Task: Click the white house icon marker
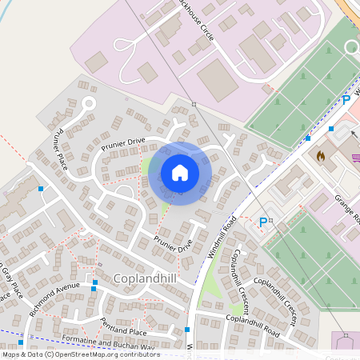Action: point(180,173)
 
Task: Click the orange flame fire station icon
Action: point(322,155)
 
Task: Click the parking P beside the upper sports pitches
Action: point(346,100)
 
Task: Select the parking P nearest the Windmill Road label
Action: point(263,222)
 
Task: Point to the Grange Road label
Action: point(349,208)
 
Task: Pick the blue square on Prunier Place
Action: point(41,189)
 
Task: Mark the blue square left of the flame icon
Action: point(308,138)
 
